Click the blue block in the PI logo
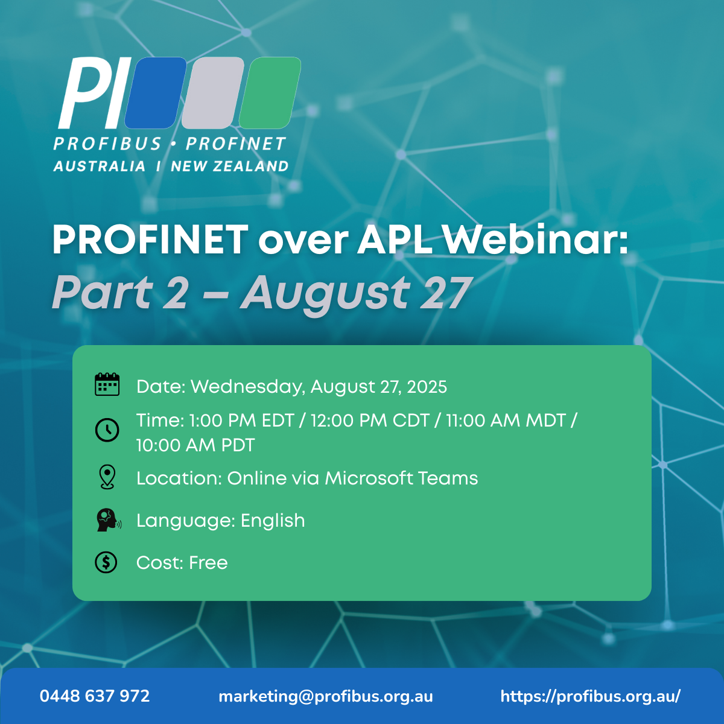click(x=156, y=93)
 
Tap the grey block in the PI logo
click(x=212, y=93)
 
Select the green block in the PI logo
click(x=270, y=93)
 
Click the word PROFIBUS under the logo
click(x=107, y=144)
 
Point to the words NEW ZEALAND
click(x=229, y=166)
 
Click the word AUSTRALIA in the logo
click(x=99, y=166)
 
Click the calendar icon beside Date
click(x=107, y=384)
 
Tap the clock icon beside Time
click(x=107, y=430)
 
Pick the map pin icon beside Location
click(x=107, y=477)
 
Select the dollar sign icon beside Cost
click(x=106, y=562)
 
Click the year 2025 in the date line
click(x=427, y=387)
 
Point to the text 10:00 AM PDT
click(x=195, y=445)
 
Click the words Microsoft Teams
click(x=401, y=478)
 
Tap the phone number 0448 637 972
click(x=95, y=696)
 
